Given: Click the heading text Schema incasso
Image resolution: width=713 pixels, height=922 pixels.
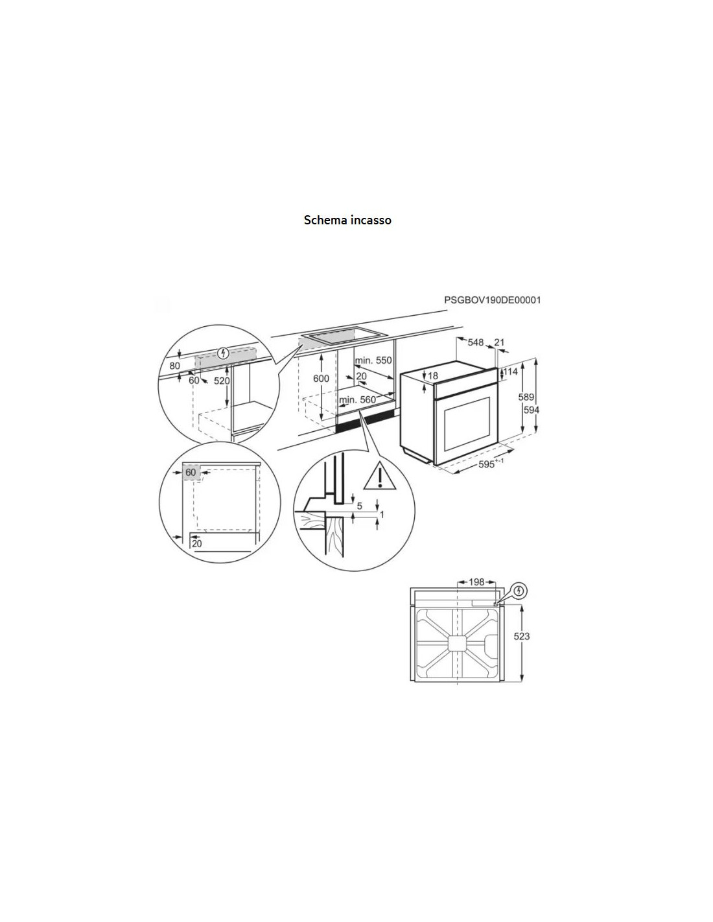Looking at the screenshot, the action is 347,220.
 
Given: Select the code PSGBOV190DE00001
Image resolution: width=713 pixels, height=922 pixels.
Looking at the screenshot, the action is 493,300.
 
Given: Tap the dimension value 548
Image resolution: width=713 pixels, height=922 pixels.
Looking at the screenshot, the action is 476,342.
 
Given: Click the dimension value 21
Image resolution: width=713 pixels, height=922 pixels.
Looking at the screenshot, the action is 499,342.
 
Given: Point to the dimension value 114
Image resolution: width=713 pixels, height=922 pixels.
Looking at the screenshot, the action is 510,372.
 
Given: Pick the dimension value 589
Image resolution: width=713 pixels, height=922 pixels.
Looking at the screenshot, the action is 526,397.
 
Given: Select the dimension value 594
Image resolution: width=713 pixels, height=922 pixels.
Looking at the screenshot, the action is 531,410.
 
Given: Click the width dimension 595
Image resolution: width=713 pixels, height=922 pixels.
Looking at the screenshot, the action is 487,464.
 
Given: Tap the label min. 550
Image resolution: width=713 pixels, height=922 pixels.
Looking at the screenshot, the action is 374,361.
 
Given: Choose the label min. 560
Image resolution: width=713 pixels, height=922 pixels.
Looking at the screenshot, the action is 358,399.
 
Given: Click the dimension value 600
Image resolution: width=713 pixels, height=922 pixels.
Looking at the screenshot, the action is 321,379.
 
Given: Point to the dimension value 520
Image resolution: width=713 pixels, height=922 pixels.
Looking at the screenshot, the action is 222,381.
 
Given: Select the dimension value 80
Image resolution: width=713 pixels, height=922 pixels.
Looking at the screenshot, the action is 175,365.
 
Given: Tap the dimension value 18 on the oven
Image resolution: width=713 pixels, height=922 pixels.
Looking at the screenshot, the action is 432,375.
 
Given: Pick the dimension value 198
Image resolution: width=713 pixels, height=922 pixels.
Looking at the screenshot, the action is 476,582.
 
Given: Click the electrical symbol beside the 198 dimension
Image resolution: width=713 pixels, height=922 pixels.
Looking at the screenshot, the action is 519,590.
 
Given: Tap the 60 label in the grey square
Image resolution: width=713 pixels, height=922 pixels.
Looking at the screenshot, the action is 191,472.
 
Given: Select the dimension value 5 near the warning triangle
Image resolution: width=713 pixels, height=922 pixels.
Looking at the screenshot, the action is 360,506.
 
